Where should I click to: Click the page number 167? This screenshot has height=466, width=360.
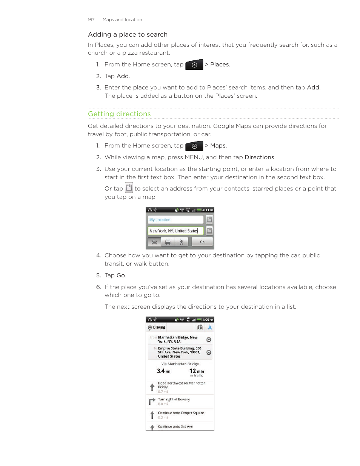coord(91,20)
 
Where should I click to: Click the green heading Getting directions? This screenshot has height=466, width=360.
coord(119,114)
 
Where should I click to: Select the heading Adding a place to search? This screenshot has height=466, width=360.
coord(128,34)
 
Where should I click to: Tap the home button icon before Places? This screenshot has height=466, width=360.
coord(194,65)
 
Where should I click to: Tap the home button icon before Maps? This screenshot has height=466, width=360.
coord(194,146)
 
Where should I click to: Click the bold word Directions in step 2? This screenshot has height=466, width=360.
coord(259,157)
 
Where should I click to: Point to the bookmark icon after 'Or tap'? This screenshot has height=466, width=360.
coord(129,188)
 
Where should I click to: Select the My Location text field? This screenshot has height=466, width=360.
coord(175,220)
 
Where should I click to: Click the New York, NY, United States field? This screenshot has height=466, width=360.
coord(175,231)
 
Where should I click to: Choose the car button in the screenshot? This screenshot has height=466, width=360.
coord(154,242)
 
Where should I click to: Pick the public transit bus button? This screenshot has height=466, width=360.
coord(168,242)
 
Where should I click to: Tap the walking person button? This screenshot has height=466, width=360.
coord(181,242)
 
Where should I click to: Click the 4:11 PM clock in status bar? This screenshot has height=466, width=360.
coord(208,210)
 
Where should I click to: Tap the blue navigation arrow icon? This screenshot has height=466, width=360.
coord(210,328)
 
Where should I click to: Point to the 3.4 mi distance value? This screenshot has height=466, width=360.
coord(163,371)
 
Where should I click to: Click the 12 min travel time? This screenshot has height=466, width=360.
coord(197,371)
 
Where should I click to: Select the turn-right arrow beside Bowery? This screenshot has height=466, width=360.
coord(152,401)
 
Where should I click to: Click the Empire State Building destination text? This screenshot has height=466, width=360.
coord(179,352)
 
